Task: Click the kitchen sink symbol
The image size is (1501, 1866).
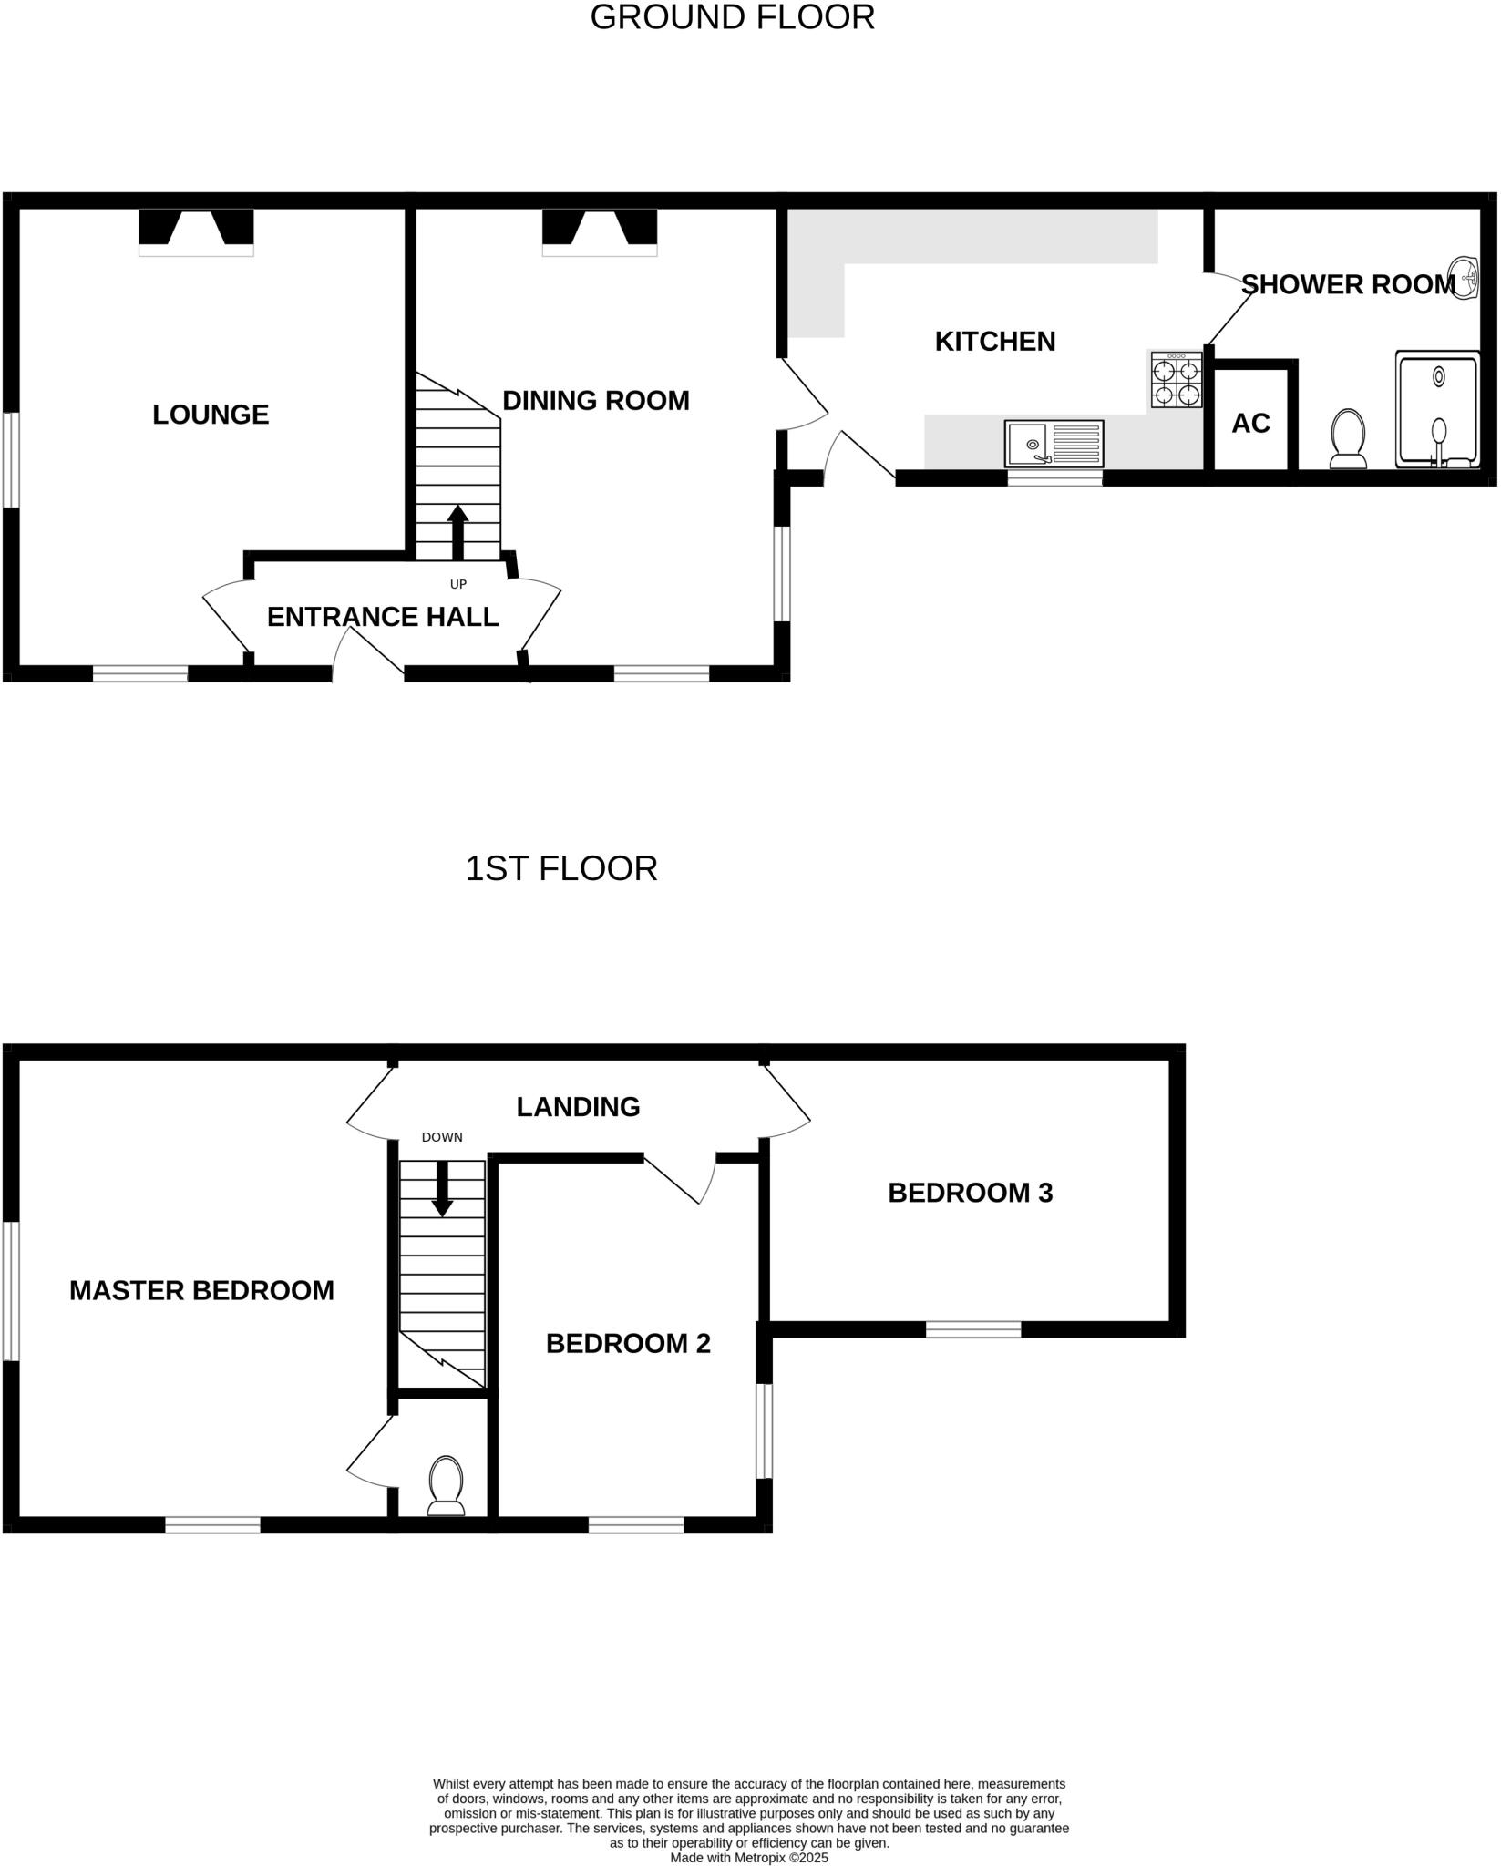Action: [1054, 443]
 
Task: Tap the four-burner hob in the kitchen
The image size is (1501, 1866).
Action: [1176, 380]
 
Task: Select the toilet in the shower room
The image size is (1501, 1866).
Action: [1348, 437]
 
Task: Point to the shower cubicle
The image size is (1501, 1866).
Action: [1438, 411]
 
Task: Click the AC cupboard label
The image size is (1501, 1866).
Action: [1250, 423]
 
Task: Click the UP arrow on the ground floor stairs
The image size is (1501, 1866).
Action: [457, 532]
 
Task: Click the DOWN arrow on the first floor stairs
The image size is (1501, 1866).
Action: [442, 1188]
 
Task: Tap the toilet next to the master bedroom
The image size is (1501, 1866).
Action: [446, 1484]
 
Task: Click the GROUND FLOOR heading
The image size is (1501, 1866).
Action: [732, 17]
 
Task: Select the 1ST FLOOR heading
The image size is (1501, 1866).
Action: [560, 868]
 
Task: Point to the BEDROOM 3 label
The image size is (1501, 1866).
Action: [970, 1193]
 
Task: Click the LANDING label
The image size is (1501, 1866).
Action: [578, 1106]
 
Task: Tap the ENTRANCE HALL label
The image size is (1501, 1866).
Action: [382, 617]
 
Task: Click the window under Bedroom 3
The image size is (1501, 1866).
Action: [973, 1329]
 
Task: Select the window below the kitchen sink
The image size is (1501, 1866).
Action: [1054, 478]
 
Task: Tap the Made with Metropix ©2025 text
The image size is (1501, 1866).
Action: [749, 1857]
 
